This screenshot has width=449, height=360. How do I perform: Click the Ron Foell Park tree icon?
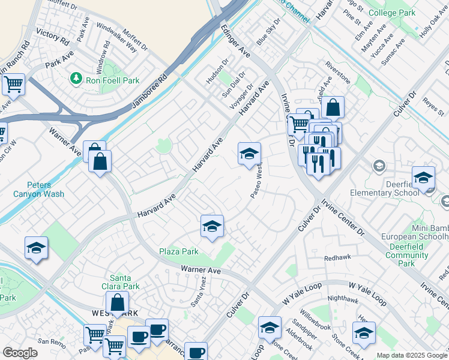(76, 78)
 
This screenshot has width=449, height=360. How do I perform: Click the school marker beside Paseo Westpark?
(249, 154)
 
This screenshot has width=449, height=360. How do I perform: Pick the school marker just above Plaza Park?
(211, 226)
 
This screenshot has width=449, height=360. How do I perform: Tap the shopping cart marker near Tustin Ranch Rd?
(13, 84)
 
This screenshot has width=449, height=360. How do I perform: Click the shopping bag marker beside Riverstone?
(333, 107)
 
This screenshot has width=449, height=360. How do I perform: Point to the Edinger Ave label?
(235, 41)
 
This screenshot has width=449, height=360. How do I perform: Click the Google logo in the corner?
(20, 353)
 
